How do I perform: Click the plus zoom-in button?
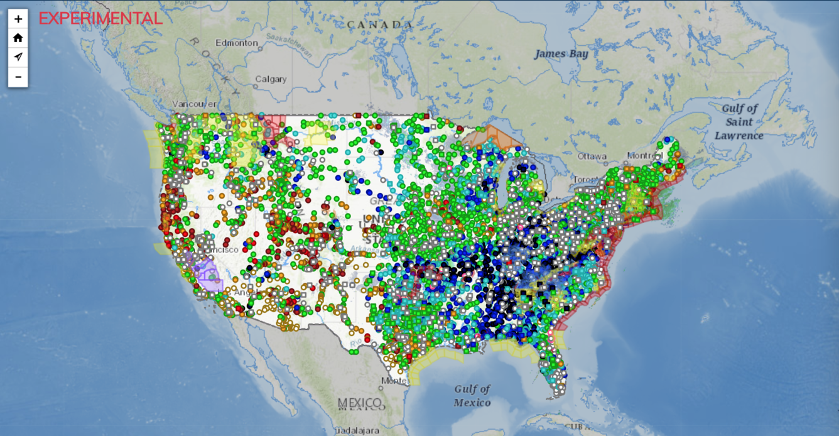(x=18, y=19)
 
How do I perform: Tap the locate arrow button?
(x=18, y=57)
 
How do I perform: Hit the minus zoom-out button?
(x=18, y=77)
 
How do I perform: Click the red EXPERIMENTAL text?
(x=100, y=19)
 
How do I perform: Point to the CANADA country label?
(x=380, y=25)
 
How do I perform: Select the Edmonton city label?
(x=237, y=43)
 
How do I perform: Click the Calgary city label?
(x=271, y=79)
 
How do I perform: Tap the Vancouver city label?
(x=193, y=104)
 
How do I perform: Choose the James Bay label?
(x=561, y=54)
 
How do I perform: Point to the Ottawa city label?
(x=592, y=156)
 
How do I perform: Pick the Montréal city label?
(x=644, y=156)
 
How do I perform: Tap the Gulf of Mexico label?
(x=472, y=396)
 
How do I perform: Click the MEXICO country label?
(x=359, y=403)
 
